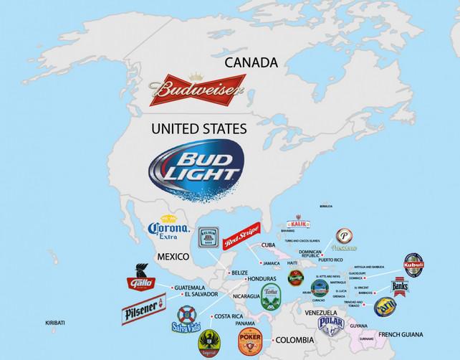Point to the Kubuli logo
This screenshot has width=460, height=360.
pyautogui.click(x=418, y=265)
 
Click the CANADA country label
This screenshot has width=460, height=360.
pyautogui.click(x=251, y=63)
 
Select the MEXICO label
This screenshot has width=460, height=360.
pyautogui.click(x=173, y=256)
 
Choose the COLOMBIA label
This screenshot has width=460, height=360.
pyautogui.click(x=297, y=338)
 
